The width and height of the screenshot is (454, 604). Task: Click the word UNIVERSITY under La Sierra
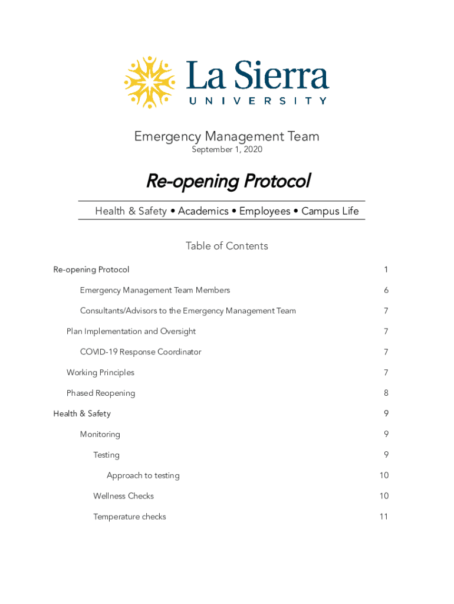[258, 101]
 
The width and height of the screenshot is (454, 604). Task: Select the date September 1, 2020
[227, 150]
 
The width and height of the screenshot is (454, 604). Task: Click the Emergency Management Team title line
[227, 137]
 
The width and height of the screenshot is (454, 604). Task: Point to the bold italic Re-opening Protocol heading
[228, 181]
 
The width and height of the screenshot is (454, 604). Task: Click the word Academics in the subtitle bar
[203, 211]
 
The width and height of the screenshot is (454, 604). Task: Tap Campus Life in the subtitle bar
[330, 211]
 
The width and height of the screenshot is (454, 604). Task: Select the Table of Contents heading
[227, 246]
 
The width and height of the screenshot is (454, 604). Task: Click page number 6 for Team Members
[386, 290]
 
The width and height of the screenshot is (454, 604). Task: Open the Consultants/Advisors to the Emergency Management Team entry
[187, 311]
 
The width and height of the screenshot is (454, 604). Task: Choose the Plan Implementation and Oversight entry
[131, 331]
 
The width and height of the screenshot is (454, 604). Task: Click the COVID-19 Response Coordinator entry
[140, 352]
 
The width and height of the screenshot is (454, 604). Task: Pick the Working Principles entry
[100, 373]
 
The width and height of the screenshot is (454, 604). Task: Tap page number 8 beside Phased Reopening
[386, 393]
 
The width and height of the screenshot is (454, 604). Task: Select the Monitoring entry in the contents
[100, 435]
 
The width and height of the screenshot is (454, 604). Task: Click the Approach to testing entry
[143, 475]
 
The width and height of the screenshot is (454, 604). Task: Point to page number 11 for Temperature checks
[384, 517]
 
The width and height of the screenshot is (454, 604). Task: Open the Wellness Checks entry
[123, 496]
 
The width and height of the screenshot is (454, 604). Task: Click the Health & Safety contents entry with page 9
[82, 414]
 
